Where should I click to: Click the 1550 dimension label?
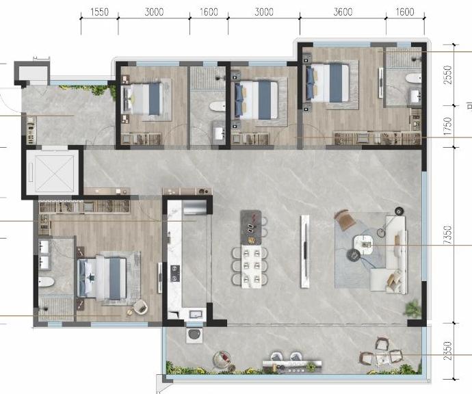coord(99,12)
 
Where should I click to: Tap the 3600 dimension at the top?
coord(343,12)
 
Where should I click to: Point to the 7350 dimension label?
coord(448,235)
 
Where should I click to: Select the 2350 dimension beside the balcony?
coord(448,350)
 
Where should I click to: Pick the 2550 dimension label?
coord(448,75)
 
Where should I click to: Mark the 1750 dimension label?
coord(448,126)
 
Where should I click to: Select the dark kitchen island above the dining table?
coord(251,227)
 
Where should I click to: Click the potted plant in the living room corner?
coord(412,308)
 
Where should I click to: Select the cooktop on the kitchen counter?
coord(175,274)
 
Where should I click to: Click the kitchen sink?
coord(196,315)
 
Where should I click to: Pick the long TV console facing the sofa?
coord(305,251)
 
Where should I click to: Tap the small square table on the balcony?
coord(381,358)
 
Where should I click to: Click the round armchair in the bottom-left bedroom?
coord(141,307)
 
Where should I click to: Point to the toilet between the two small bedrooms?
coord(218,106)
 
